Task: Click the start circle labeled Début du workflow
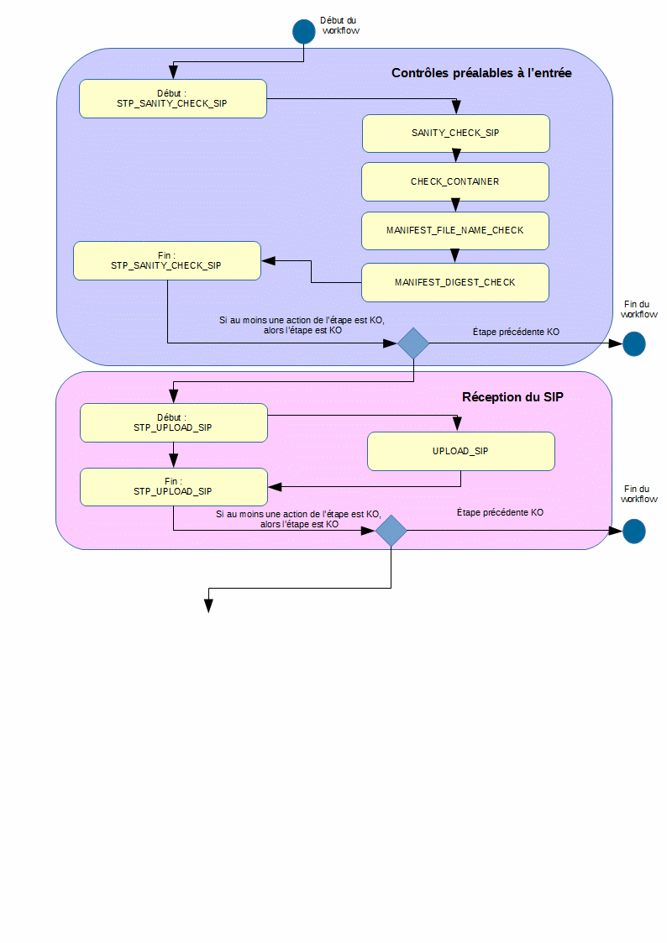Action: [x=303, y=31]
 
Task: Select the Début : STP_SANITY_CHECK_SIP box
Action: [x=173, y=98]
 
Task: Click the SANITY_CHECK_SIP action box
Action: [x=455, y=133]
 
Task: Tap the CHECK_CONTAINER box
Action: [x=455, y=181]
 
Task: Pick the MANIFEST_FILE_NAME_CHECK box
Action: [x=455, y=230]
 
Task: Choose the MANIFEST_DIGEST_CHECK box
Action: [x=455, y=282]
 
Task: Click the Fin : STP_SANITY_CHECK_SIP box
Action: [x=166, y=260]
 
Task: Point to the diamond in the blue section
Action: [x=413, y=343]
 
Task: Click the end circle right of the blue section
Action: [x=633, y=343]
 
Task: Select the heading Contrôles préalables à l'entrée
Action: [x=481, y=74]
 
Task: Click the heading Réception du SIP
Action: [x=512, y=397]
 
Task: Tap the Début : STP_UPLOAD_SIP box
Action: [x=173, y=422]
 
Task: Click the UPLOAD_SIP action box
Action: [x=461, y=451]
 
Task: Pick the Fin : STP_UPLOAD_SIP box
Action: [x=173, y=487]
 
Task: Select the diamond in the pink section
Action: [x=391, y=531]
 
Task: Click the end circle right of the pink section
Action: [x=633, y=531]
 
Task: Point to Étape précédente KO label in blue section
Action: [x=517, y=333]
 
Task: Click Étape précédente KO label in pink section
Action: [x=500, y=512]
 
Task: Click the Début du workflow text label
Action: [x=341, y=25]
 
